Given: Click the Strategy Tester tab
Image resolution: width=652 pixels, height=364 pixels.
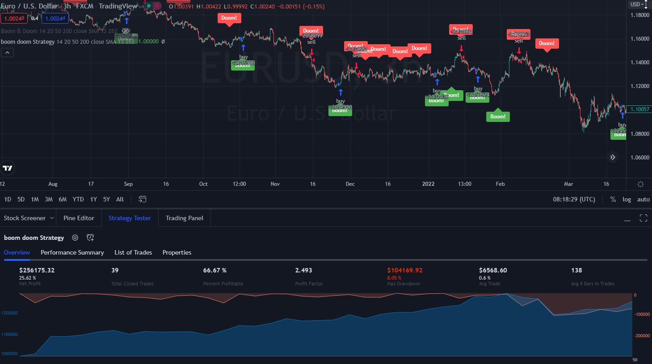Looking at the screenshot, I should (x=130, y=218).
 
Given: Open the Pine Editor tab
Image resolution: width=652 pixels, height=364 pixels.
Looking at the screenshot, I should (x=79, y=218).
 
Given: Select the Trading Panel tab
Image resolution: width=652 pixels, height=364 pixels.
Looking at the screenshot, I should (x=184, y=218).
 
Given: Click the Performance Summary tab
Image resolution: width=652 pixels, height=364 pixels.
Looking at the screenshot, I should (x=72, y=252).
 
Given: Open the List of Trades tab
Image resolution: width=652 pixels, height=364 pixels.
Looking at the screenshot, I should (x=133, y=252).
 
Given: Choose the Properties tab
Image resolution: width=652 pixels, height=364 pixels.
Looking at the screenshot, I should (x=177, y=252).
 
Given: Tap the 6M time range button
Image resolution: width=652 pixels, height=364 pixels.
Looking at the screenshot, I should (x=63, y=199).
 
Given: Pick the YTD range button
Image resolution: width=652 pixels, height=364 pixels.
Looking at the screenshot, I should (x=78, y=199).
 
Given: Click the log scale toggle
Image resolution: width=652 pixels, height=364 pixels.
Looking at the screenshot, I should (x=627, y=200).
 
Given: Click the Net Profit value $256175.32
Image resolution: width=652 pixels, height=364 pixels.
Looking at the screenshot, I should (x=37, y=270).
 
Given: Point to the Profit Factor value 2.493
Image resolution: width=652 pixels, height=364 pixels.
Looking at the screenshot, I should (x=303, y=270).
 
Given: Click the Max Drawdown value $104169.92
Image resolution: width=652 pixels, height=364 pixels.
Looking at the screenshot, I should (x=404, y=270).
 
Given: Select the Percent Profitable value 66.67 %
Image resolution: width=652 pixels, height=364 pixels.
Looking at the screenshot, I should (x=215, y=270).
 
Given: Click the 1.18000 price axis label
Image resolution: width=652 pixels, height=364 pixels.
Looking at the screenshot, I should (x=639, y=15).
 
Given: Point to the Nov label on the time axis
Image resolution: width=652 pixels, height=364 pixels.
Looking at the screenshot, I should (x=275, y=184).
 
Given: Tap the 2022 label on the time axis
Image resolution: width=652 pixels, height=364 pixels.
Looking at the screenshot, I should (x=428, y=184).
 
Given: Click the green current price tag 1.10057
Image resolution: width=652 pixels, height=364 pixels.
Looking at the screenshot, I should (x=639, y=109).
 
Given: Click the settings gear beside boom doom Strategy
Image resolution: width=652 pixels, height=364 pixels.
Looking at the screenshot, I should (x=75, y=238).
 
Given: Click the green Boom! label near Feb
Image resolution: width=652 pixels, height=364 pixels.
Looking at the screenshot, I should (x=498, y=117).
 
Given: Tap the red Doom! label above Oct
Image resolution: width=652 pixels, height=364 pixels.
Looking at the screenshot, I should (x=229, y=18).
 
